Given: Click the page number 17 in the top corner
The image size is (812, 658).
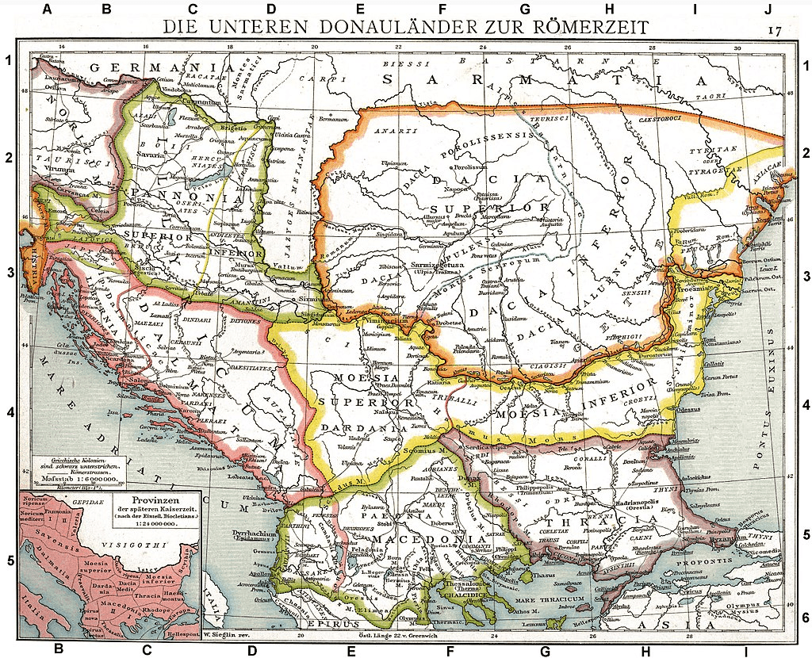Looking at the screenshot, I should (x=775, y=30).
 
